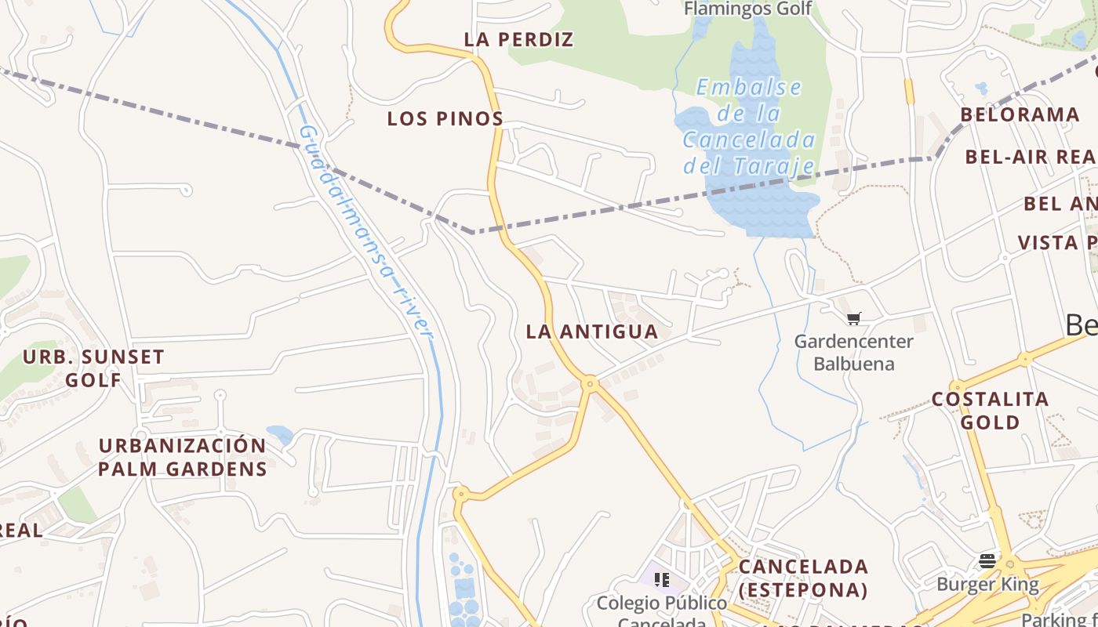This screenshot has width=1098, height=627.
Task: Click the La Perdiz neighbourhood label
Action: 518,39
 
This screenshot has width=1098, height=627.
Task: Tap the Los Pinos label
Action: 445,119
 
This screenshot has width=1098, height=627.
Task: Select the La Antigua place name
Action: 591,332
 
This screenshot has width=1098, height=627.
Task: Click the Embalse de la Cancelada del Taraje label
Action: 749,126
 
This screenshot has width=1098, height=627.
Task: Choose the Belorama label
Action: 1020,114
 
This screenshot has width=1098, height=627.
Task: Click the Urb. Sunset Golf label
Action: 93,368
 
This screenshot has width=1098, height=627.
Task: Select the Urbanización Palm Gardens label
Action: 182,457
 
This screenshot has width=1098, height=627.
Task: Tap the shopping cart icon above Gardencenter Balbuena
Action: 854,318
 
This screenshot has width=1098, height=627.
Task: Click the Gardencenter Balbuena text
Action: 853,353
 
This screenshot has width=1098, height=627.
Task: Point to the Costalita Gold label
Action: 990,411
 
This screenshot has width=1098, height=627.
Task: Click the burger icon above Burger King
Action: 987,561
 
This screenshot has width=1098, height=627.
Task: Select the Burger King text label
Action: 987,584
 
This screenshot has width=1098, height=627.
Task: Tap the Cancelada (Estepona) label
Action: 803,578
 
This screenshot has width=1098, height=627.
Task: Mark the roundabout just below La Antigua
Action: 590,383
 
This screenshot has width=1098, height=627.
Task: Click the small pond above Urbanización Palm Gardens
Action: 280,433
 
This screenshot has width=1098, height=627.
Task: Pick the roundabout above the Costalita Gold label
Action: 958,387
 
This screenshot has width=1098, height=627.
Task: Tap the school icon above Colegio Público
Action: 662,580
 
